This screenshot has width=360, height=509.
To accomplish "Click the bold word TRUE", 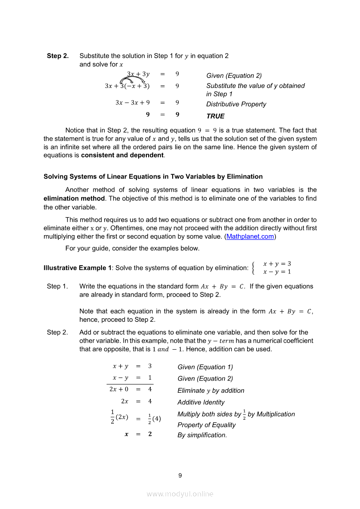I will pyautogui.click(x=215, y=116).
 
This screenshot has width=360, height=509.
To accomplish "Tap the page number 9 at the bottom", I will pyautogui.click(x=180, y=475).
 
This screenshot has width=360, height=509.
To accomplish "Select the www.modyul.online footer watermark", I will pyautogui.click(x=180, y=494).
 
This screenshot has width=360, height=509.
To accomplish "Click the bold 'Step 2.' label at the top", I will pyautogui.click(x=58, y=56).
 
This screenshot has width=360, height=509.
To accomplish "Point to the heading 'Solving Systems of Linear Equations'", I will pyautogui.click(x=153, y=176).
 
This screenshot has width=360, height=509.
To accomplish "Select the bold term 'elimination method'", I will pyautogui.click(x=74, y=198).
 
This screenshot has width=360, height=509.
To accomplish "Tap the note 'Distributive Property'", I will pyautogui.click(x=236, y=104).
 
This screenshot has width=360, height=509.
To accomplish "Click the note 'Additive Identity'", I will pyautogui.click(x=201, y=402).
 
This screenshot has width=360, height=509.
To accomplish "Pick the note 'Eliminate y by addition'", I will pyautogui.click(x=211, y=391).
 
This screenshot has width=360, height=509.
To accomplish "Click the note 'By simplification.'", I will pyautogui.click(x=202, y=435).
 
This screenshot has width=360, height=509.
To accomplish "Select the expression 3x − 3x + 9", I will pyautogui.click(x=132, y=103).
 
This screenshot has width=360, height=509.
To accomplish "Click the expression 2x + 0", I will pyautogui.click(x=119, y=389).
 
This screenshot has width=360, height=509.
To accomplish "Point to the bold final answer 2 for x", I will pyautogui.click(x=149, y=434).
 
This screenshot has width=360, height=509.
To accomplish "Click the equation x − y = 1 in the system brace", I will pyautogui.click(x=277, y=272).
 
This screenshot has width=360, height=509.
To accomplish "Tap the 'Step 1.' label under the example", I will pyautogui.click(x=57, y=287).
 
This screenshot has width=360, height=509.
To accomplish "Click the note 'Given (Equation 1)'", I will pyautogui.click(x=205, y=367).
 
